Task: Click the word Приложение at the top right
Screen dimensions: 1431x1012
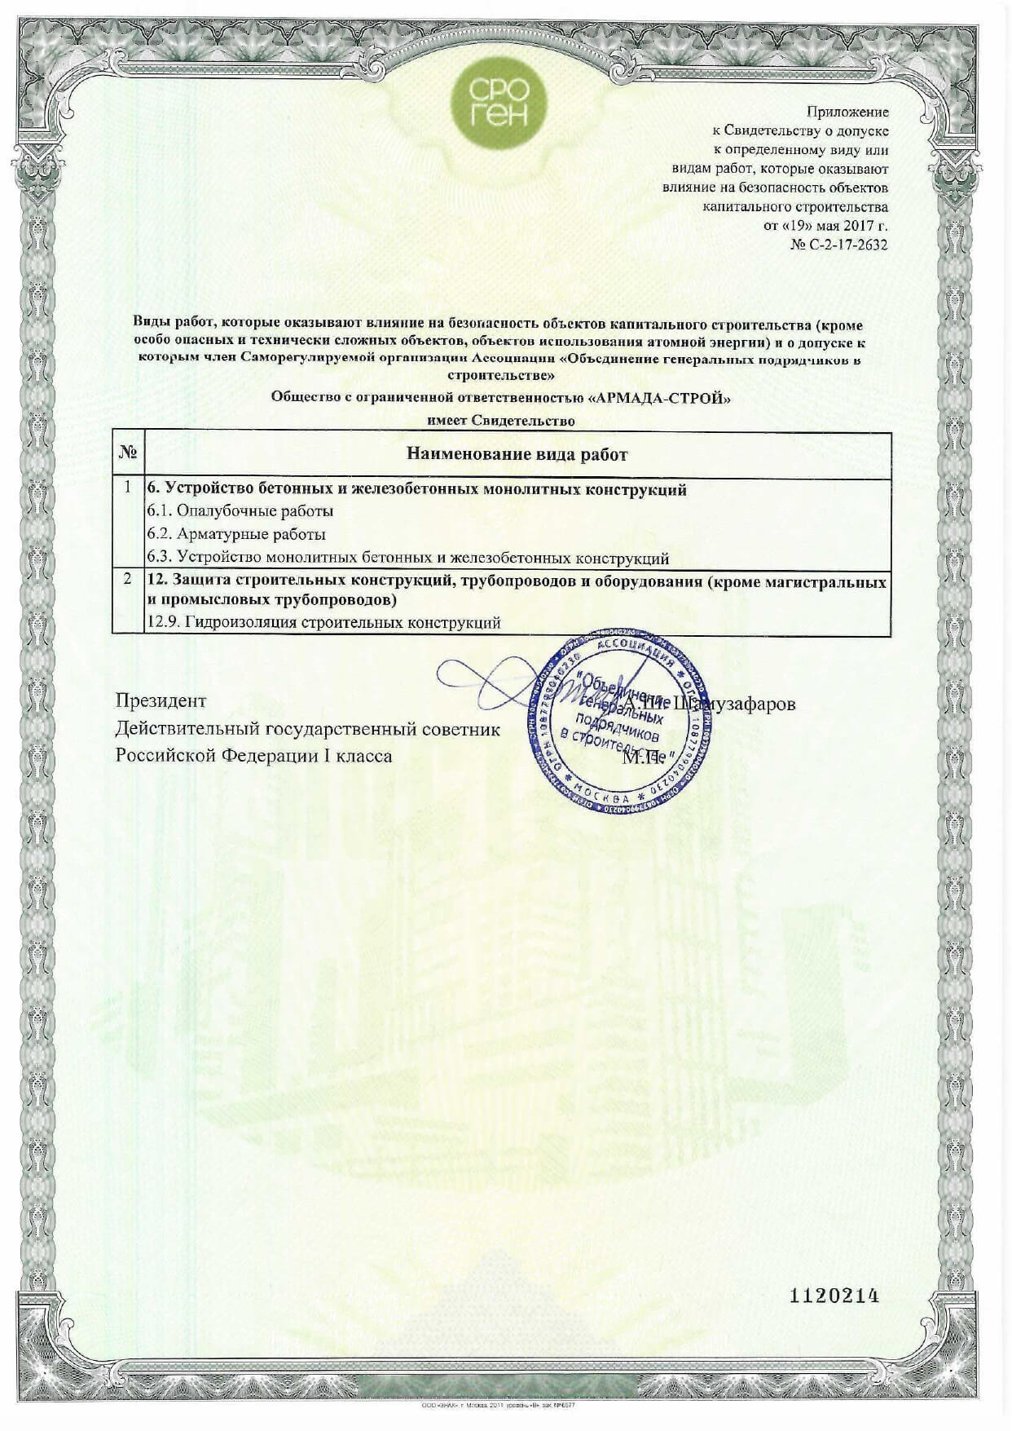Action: [x=847, y=112]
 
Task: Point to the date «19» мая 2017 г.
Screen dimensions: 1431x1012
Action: [x=825, y=225]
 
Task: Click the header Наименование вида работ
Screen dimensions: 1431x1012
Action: [x=517, y=454]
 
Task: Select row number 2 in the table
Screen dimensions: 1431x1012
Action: [x=128, y=580]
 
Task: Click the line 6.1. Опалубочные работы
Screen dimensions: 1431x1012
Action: [x=240, y=511]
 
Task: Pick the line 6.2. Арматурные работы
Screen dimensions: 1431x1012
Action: [x=236, y=534]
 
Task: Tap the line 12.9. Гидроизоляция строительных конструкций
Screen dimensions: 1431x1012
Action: [x=323, y=622]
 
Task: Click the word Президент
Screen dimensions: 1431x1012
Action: [x=161, y=700]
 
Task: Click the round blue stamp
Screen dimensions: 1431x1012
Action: [x=620, y=722]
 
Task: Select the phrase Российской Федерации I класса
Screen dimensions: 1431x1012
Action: [x=253, y=755]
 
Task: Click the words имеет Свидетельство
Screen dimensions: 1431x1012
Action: [x=500, y=421]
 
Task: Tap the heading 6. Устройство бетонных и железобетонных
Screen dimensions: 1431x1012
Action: [x=416, y=489]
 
